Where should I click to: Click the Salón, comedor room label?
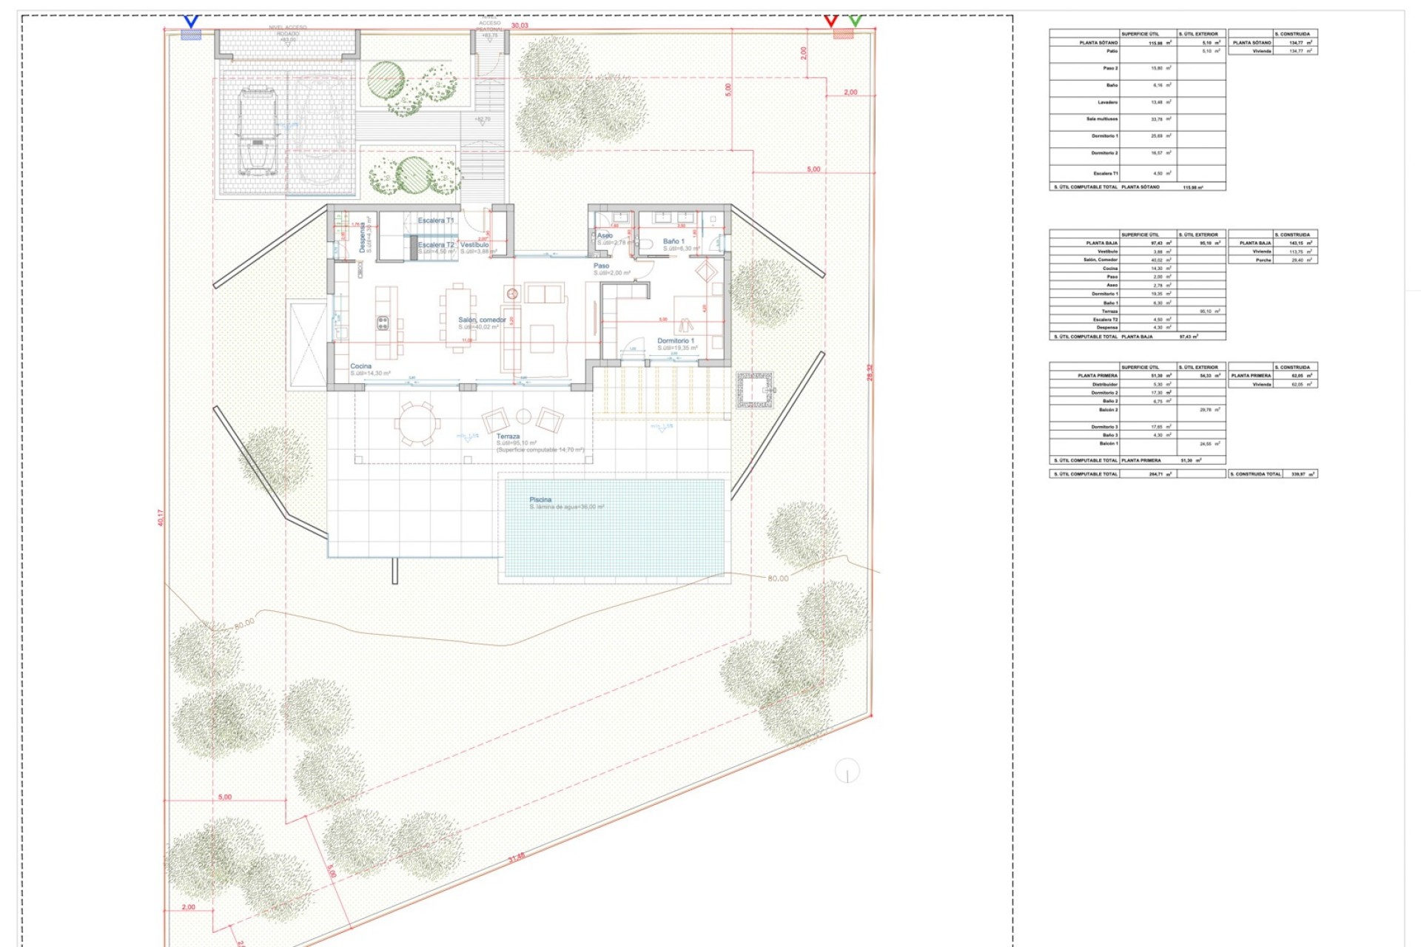pos(482,320)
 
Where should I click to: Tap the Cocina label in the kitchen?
pos(360,366)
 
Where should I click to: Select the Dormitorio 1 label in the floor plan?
pos(676,341)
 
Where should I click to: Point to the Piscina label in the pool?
pos(540,500)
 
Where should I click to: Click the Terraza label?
pos(508,437)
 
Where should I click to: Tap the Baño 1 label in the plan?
pos(673,241)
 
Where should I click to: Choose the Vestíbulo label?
pos(474,245)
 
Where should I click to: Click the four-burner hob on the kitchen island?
pos(383,323)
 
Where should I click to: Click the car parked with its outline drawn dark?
pos(257,132)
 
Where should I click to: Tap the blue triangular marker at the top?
pos(191,22)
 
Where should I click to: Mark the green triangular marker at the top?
pos(856,21)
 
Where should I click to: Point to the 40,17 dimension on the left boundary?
pos(161,517)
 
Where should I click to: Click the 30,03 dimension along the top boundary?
pos(520,25)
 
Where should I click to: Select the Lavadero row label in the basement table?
pos(1107,102)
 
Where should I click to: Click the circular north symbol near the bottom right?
pos(847,771)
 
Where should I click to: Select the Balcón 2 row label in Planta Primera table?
pos(1107,409)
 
